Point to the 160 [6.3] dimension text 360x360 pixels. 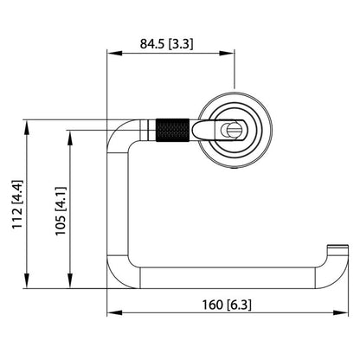click(227, 304)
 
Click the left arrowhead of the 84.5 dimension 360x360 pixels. click(111, 53)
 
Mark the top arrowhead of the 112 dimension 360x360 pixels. click(29, 124)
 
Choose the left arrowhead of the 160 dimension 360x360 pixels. click(111, 314)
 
